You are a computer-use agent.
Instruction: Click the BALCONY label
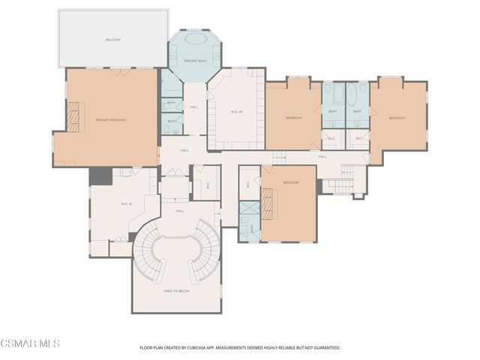(112, 38)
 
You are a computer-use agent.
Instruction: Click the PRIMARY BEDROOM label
(111, 120)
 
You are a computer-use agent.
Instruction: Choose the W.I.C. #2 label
(236, 112)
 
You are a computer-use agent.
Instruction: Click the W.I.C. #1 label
(126, 203)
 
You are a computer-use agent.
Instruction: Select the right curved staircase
(203, 259)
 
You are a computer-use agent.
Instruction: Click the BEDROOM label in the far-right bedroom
(397, 118)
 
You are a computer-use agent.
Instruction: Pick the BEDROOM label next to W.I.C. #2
(293, 118)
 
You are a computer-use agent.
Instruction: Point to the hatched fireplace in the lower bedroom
(268, 203)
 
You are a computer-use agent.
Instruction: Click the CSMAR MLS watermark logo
(30, 343)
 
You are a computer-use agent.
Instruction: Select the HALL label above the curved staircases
(180, 211)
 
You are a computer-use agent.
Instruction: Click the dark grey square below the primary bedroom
(100, 176)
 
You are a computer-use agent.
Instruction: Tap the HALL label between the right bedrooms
(322, 156)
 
